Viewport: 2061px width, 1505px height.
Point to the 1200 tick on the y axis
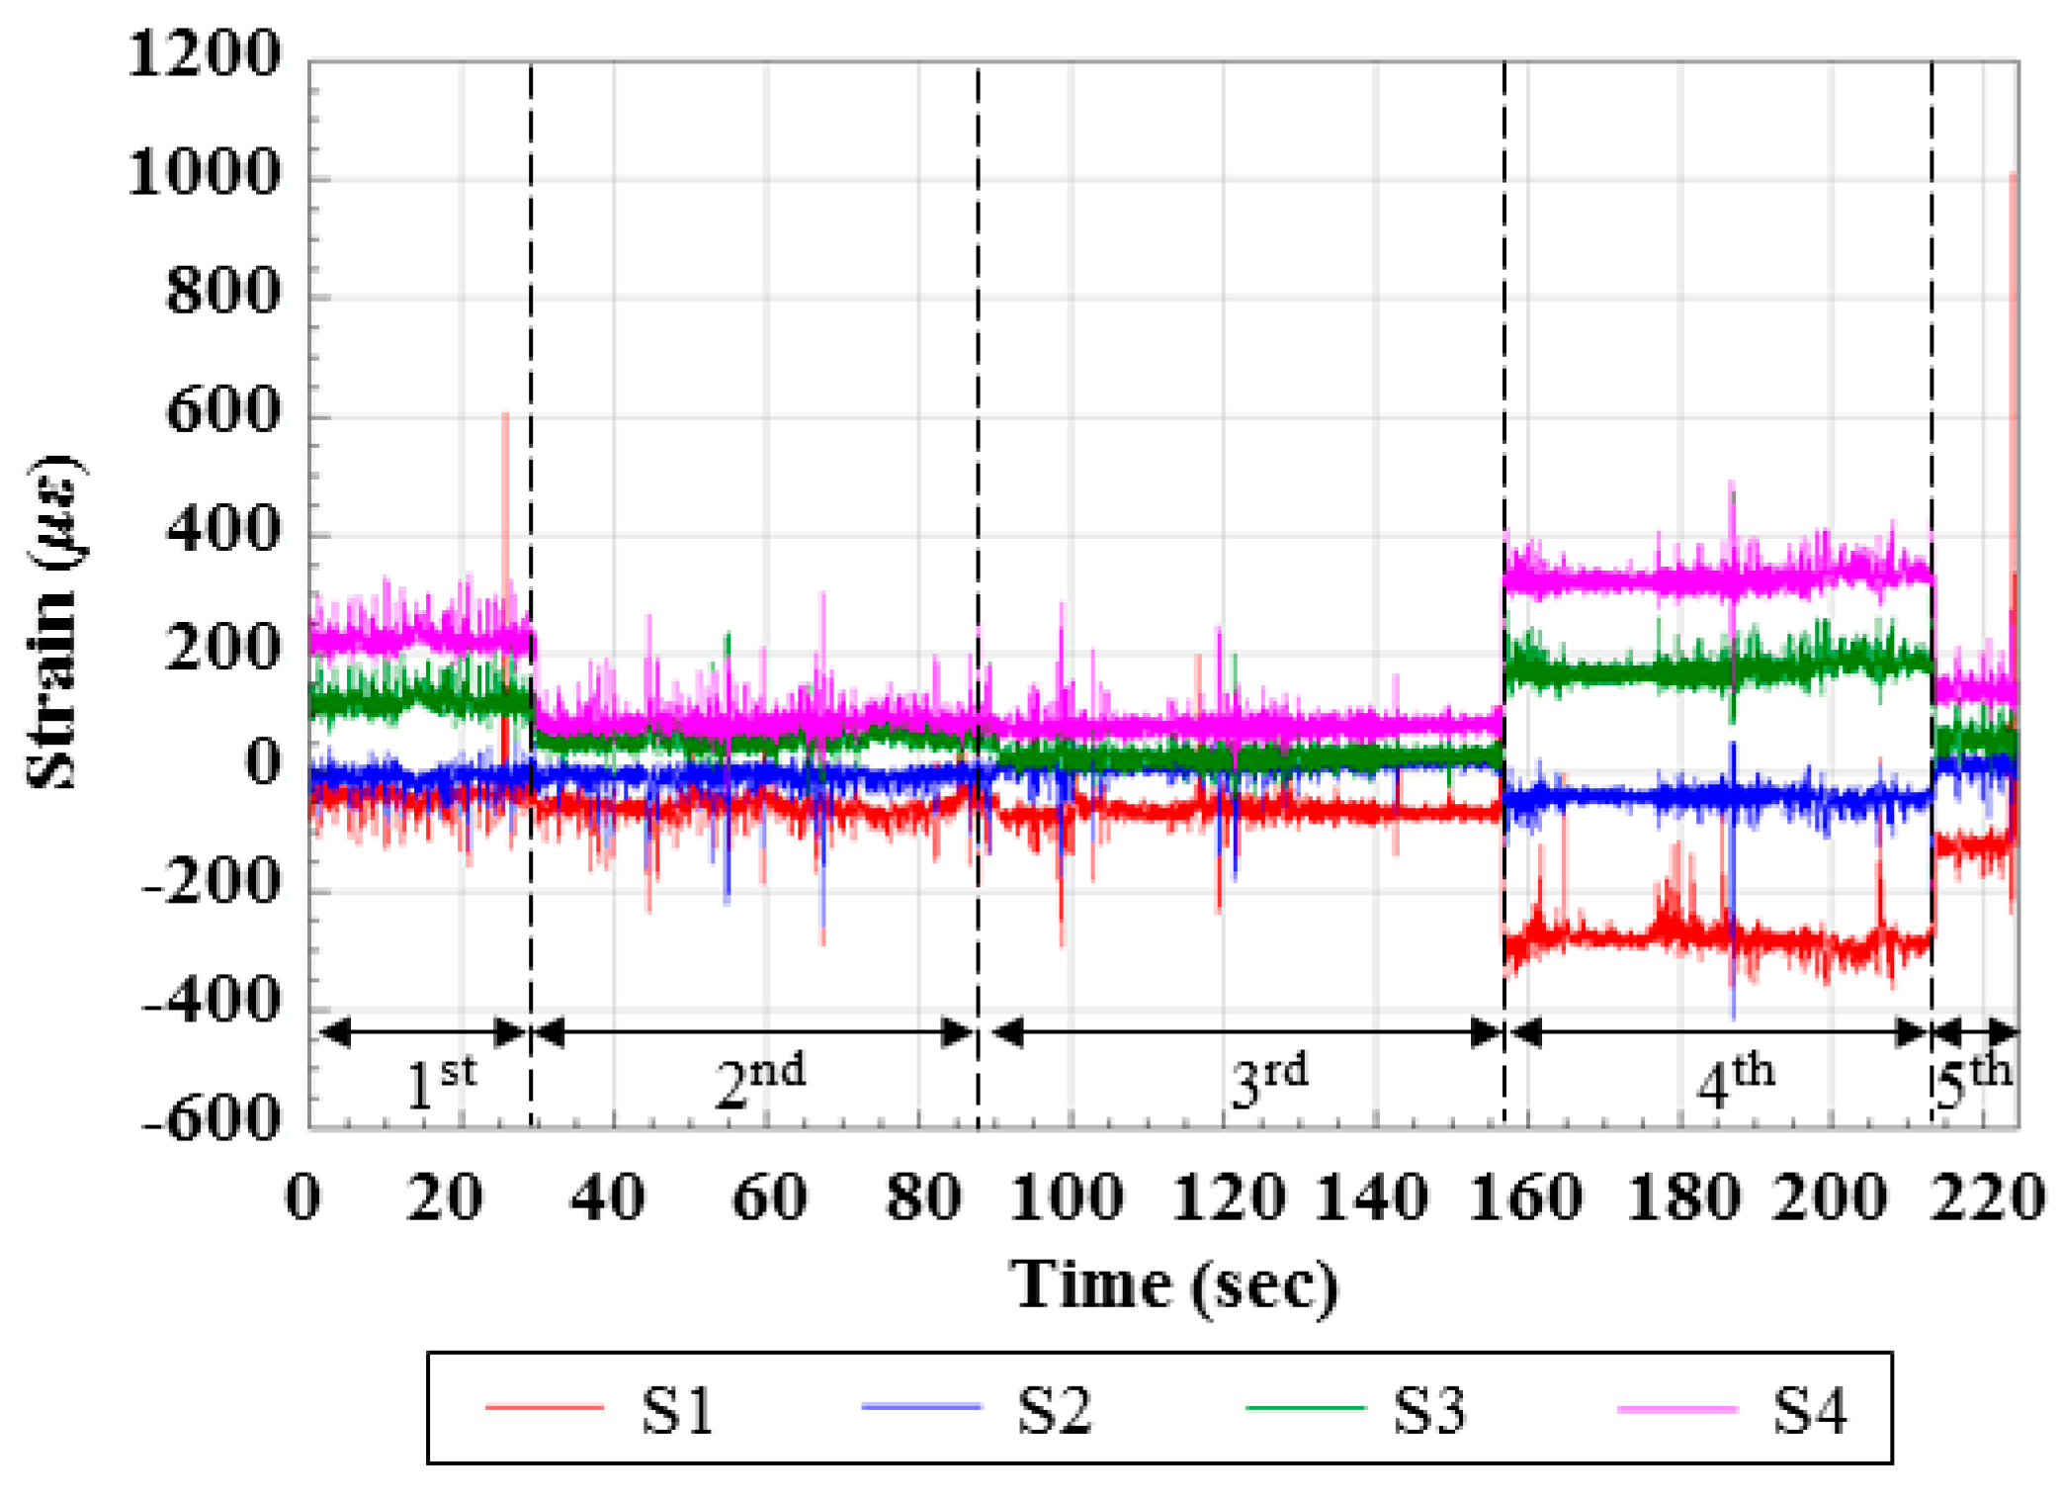pos(205,54)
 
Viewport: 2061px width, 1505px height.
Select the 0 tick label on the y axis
pos(263,763)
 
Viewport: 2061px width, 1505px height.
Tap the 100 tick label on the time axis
pos(1067,1197)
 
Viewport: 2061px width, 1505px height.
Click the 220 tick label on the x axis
pos(1987,1197)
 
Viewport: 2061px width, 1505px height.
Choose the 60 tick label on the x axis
pos(769,1197)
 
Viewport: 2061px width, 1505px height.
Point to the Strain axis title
pos(54,623)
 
